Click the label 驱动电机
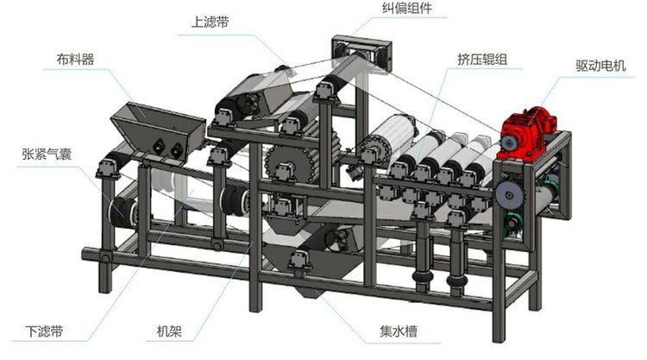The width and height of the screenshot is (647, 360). (598, 66)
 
